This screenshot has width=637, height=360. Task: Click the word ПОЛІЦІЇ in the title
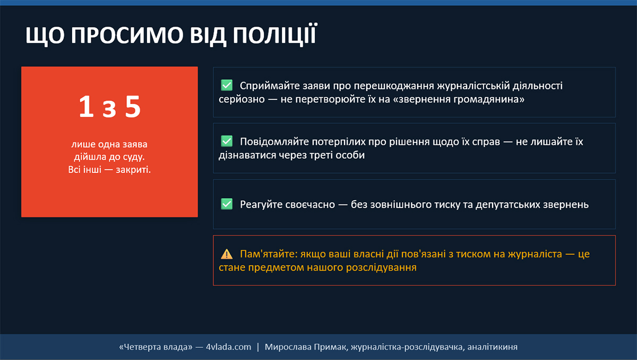tap(275, 35)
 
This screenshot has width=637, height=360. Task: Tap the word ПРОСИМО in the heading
tap(127, 35)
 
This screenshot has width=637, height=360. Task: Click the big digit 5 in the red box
tap(133, 107)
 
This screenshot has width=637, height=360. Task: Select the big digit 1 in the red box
tap(86, 106)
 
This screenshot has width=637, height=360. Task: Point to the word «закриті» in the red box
tap(133, 170)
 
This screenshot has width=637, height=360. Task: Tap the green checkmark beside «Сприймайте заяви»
tap(227, 85)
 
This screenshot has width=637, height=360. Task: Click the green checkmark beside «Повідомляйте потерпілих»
tap(227, 141)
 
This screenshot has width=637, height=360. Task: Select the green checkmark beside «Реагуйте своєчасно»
tap(227, 204)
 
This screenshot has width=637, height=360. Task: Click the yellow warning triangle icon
tap(227, 254)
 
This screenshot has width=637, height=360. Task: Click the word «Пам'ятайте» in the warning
tap(269, 254)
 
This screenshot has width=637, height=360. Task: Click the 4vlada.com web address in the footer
tap(229, 347)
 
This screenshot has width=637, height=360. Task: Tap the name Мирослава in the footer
tap(288, 347)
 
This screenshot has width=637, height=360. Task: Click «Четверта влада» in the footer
tap(156, 347)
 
